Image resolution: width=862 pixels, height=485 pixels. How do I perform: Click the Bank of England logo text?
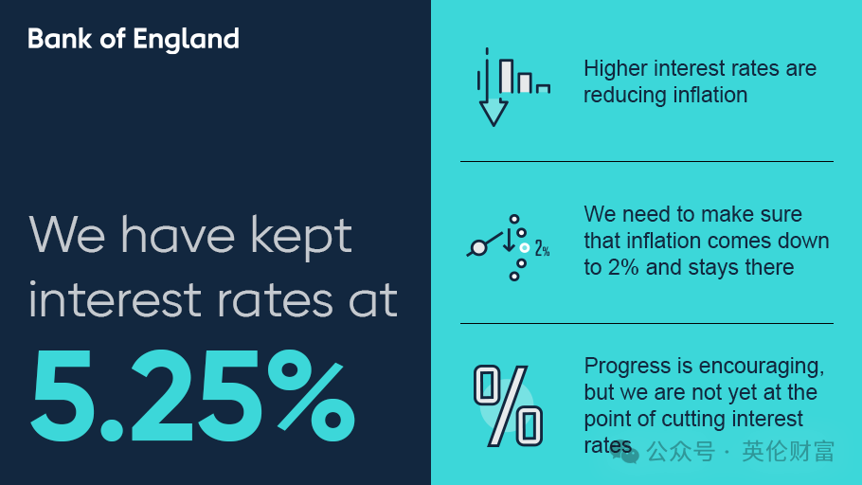coord(134,39)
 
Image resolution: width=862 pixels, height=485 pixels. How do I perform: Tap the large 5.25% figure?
coord(192,395)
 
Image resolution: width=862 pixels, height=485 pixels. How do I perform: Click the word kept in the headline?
coord(301,237)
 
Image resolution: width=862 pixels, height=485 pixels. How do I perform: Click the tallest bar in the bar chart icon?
coord(507,76)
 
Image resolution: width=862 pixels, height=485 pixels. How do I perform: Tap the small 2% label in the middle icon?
coord(542,248)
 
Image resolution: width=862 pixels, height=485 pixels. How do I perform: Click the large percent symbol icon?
coord(508,405)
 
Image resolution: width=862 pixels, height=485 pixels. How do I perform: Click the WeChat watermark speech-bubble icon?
coord(625,452)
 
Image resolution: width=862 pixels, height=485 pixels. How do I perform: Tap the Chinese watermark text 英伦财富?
coord(788,452)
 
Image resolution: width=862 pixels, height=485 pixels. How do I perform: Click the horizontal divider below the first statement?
coord(646,162)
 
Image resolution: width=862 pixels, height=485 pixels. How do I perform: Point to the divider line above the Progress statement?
coord(646,323)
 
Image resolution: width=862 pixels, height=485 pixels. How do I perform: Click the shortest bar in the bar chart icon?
coord(543,88)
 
